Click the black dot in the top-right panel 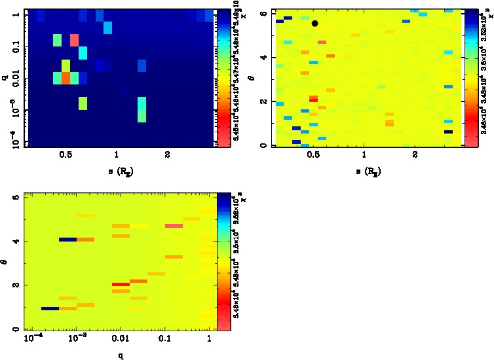(x=314, y=24)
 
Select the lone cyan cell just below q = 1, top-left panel (x=108, y=27)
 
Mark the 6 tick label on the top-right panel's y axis (x=263, y=12)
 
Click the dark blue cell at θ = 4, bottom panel (x=67, y=240)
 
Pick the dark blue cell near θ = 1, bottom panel (x=50, y=308)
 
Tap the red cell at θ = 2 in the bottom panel (x=120, y=285)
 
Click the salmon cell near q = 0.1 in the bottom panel (x=174, y=226)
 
